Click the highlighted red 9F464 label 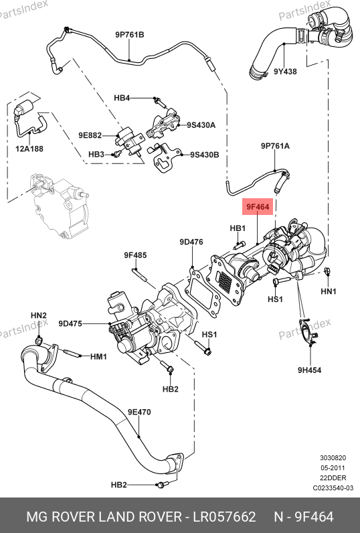point(258,207)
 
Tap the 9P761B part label point(129,35)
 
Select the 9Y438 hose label point(285,72)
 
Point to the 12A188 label point(29,149)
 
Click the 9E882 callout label point(90,135)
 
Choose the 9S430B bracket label point(205,155)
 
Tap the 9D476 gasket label point(191,242)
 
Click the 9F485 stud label point(135,255)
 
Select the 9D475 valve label point(70,323)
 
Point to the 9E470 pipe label point(139,412)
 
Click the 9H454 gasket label point(309,370)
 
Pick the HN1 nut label point(329,291)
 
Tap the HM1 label point(98,357)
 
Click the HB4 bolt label point(122,98)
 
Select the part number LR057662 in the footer point(224,517)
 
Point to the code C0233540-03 point(333,488)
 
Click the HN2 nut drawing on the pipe point(39,340)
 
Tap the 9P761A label point(275,146)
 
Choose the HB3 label point(96,155)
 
